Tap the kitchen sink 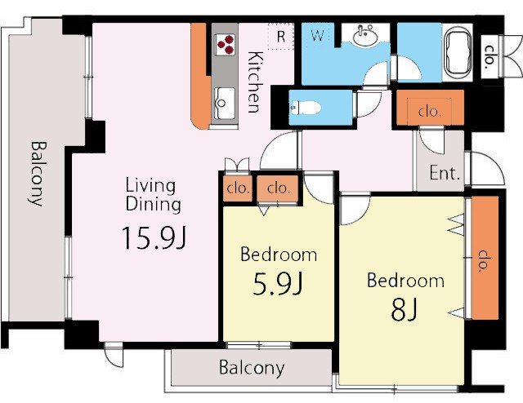(223, 104)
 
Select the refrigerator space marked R (281, 37)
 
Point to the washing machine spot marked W (317, 35)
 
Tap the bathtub (458, 52)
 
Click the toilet (305, 108)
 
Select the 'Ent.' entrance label (445, 173)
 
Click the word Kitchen (255, 82)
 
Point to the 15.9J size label (154, 238)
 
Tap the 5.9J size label (278, 283)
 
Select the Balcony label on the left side (38, 174)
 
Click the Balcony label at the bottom (252, 368)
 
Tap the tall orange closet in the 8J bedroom (485, 258)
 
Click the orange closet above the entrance (430, 108)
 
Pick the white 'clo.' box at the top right (489, 57)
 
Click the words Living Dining (154, 195)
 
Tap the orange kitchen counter (200, 76)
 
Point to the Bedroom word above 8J (405, 281)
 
